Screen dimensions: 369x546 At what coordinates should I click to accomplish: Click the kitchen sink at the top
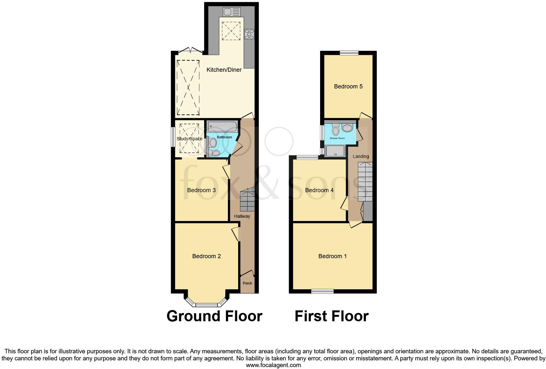(x=232, y=12)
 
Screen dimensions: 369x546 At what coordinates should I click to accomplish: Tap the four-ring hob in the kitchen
(x=249, y=34)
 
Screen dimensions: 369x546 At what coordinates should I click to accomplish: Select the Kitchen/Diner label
(x=224, y=70)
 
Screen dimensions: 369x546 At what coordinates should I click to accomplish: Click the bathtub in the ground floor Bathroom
(x=222, y=126)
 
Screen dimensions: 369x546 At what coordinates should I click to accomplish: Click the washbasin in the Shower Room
(x=347, y=128)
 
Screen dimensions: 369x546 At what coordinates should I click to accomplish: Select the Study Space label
(x=190, y=139)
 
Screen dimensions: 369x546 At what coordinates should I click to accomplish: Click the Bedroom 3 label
(x=201, y=190)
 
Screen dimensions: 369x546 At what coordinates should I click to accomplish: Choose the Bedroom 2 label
(x=206, y=256)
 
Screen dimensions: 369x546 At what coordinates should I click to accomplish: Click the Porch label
(x=247, y=283)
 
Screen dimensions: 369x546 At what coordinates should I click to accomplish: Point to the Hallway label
(x=242, y=216)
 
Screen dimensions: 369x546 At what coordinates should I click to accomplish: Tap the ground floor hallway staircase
(x=247, y=200)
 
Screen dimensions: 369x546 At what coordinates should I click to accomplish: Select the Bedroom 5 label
(x=348, y=86)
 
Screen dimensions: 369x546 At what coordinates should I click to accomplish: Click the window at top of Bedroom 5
(x=349, y=53)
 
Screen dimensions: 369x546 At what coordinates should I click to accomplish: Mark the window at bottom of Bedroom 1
(x=322, y=291)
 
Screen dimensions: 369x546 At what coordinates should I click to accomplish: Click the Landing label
(x=361, y=157)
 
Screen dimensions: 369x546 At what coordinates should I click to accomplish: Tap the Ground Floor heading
(x=214, y=316)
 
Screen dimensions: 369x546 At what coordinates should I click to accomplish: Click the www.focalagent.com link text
(x=273, y=365)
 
